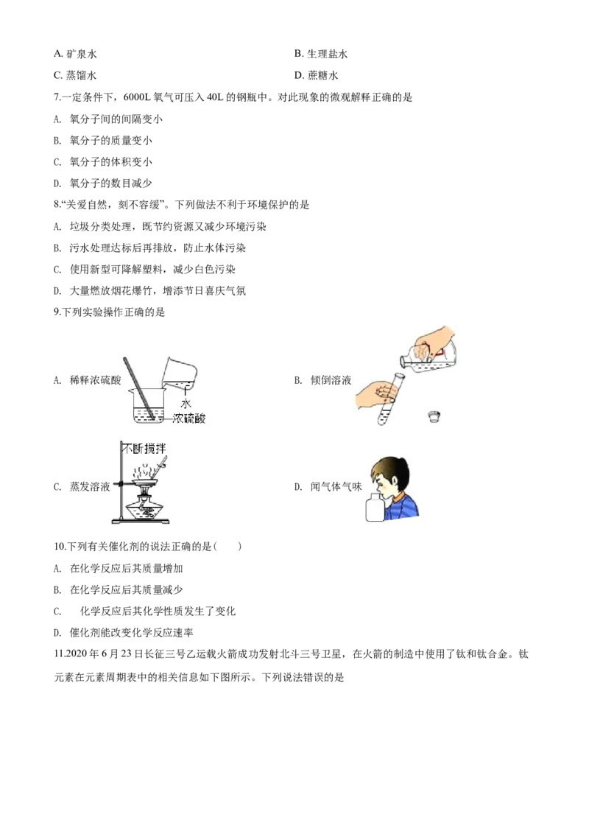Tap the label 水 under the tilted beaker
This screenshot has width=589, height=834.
(x=186, y=404)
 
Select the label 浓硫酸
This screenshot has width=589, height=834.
(x=190, y=418)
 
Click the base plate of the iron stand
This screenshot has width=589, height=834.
(x=139, y=522)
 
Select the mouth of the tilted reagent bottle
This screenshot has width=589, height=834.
(x=403, y=360)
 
